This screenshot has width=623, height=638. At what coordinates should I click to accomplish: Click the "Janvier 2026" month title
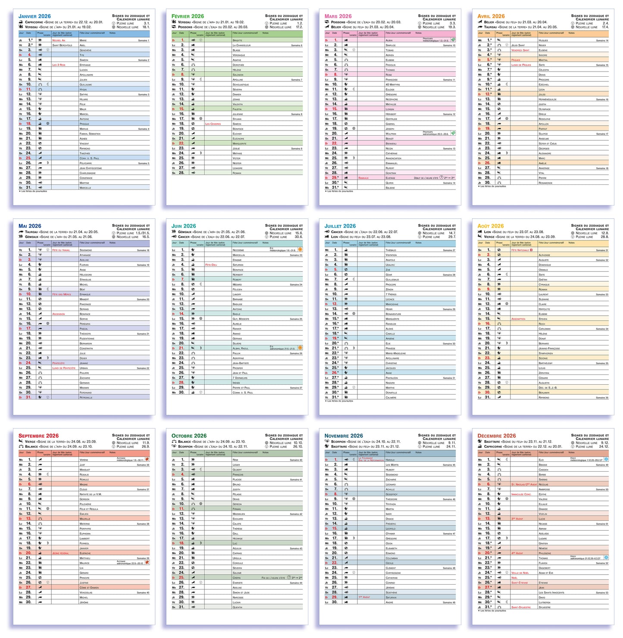pos(34,16)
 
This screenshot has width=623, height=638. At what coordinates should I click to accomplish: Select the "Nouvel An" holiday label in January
pos(59,40)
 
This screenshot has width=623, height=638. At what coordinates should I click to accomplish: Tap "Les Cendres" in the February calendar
pos(213,124)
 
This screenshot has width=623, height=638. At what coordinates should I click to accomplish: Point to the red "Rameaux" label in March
pos(363,178)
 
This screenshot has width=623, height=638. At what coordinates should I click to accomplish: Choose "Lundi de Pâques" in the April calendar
pos(521,65)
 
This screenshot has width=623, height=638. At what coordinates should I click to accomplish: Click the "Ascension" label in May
pos(59,314)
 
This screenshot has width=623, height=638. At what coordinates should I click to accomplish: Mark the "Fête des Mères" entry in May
pos(62,294)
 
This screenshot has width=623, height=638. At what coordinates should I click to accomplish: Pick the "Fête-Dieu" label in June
pos(211,265)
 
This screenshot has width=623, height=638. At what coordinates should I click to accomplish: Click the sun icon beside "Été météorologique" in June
pos(300,249)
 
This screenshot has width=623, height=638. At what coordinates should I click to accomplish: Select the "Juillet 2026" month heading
pos(340,226)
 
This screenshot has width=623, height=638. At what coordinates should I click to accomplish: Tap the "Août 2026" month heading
pos(491,226)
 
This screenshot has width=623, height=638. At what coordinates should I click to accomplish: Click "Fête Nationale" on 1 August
pos(520,250)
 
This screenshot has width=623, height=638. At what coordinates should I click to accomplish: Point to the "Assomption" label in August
pos(518,319)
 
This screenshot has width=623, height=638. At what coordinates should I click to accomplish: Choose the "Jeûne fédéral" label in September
pos(61,553)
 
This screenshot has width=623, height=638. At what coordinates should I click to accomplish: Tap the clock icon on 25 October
pos(289,578)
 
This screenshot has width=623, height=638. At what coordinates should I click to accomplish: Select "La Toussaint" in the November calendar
pos(366,458)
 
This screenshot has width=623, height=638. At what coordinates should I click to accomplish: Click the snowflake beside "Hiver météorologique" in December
pos(606,459)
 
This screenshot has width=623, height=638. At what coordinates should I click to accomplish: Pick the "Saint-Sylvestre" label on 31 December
pos(521,607)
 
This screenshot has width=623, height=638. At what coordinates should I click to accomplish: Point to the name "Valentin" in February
pos(238,104)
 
